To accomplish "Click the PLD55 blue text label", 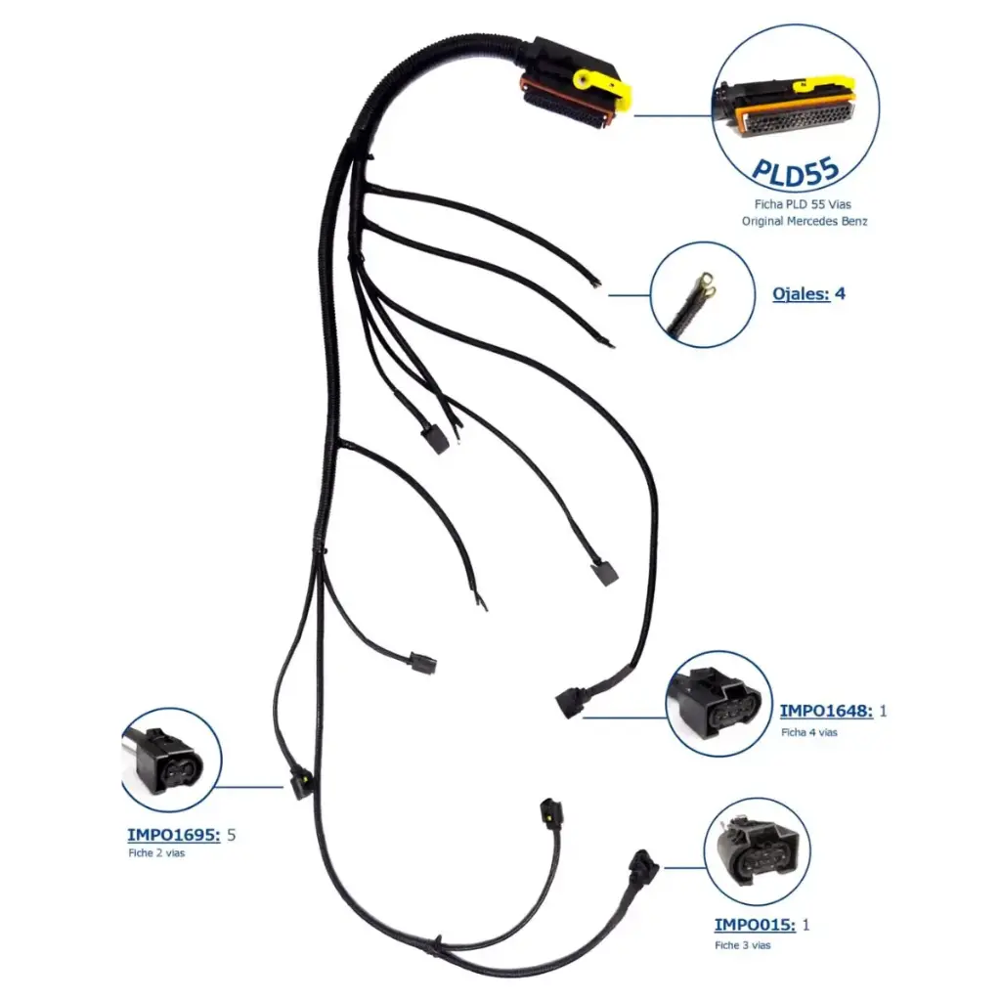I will point(795,169).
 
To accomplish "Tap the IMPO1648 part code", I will point(826,711).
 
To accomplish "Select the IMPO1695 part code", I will point(173,835).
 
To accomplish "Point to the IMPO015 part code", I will point(754,925).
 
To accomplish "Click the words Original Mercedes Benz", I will point(805,221).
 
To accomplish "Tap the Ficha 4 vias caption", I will point(808,732).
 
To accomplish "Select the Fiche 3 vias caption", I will point(742,945).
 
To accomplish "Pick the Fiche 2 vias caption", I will point(155,853).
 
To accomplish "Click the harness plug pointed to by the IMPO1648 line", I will point(569,702).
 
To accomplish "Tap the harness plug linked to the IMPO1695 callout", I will point(301,784).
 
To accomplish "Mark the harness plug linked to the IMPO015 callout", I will point(640,866).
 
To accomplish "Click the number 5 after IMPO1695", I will point(232,835).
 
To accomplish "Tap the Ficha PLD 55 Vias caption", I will point(804,205).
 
